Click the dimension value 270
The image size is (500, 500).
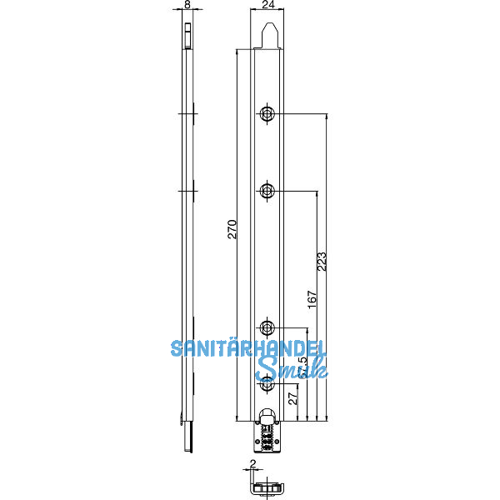click(232, 229)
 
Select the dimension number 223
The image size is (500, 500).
click(322, 261)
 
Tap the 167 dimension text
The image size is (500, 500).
click(312, 300)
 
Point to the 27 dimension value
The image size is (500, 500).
click(292, 398)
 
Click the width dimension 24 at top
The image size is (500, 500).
click(267, 5)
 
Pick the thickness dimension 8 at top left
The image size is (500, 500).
click(187, 5)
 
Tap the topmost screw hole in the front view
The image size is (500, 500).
click(267, 114)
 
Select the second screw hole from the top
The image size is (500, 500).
click(267, 192)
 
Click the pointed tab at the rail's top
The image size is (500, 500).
click(268, 36)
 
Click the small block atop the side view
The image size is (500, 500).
click(188, 37)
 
